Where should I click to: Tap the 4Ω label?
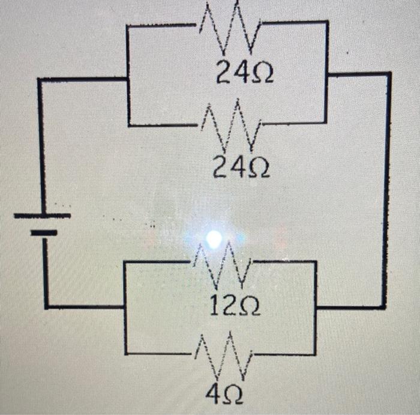[x=224, y=395]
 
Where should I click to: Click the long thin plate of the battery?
[x=43, y=215]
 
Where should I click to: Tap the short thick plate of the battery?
[x=43, y=232]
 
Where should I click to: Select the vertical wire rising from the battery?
[x=40, y=144]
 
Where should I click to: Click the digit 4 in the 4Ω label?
[x=214, y=395]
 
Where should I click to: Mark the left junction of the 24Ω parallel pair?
[x=128, y=78]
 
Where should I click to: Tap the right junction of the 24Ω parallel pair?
[x=326, y=75]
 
